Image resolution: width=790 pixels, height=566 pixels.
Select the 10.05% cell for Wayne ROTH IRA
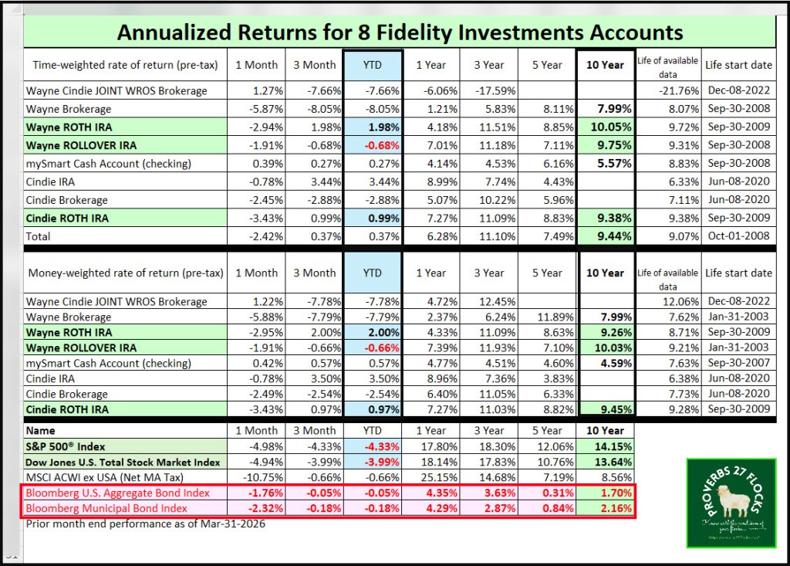tap(606, 127)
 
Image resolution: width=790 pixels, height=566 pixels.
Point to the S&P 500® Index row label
tap(66, 447)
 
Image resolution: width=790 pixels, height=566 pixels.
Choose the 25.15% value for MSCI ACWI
tap(430, 478)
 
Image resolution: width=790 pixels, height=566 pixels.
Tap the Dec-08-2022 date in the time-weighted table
tap(738, 90)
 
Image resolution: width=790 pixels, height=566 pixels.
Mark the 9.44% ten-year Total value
tap(606, 234)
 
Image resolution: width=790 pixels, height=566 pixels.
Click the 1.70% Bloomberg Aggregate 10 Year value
tap(606, 493)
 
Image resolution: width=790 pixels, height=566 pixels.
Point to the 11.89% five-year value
tap(548, 317)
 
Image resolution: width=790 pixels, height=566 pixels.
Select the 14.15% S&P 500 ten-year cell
tap(606, 447)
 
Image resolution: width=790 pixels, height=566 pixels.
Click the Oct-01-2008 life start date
tap(738, 234)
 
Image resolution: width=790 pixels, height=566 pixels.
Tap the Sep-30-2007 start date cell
tap(738, 363)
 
